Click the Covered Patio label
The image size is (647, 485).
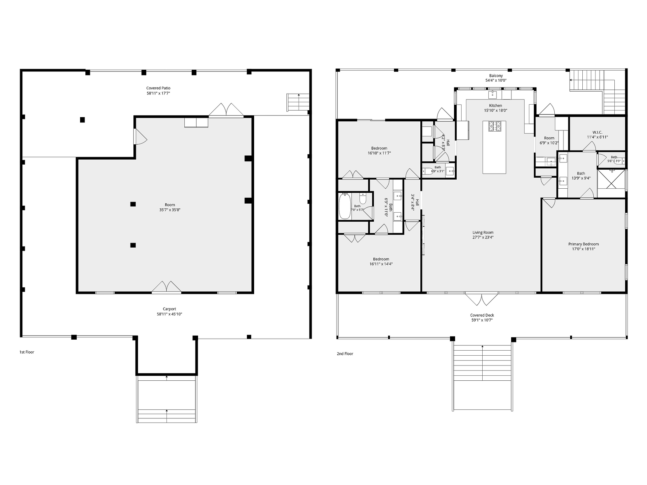coord(158,88)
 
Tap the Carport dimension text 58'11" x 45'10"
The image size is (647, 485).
coord(169,314)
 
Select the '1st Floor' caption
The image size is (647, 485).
coord(27,352)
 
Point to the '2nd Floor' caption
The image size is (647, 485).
coord(345,354)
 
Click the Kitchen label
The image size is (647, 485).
coord(495,106)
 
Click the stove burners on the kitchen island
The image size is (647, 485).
coord(494,126)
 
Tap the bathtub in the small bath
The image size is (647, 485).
coord(345,206)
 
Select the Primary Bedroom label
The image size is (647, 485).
coord(583,244)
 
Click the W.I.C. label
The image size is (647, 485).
coord(597,132)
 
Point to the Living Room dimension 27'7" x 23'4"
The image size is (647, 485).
coord(483,237)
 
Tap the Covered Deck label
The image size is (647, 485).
coord(482,315)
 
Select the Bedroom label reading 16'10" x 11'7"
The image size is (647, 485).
coord(379,150)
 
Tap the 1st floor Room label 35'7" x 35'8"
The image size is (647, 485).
coord(170,207)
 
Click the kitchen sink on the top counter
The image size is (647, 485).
coord(492,94)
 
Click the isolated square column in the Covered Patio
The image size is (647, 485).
coord(82,120)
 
